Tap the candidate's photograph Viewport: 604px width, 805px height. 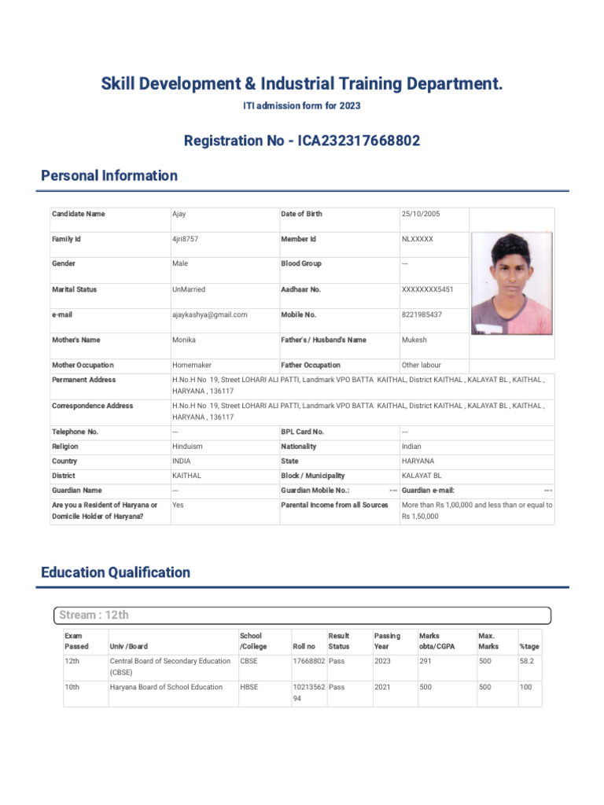512,283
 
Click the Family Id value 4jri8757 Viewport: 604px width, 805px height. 186,239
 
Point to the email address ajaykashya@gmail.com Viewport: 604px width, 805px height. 210,314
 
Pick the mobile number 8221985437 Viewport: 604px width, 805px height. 422,314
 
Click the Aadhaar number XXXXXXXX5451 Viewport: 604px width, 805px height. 428,289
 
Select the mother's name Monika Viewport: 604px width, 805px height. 184,340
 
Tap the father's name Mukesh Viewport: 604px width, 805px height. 415,340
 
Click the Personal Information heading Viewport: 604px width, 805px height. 109,176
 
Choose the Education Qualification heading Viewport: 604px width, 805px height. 116,572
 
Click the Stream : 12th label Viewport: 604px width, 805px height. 94,615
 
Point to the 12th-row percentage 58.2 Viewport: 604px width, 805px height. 527,661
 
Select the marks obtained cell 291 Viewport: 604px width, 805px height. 426,661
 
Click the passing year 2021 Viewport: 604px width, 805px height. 383,687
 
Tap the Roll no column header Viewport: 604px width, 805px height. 304,646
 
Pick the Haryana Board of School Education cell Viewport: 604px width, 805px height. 166,687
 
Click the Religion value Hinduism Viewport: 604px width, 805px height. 187,447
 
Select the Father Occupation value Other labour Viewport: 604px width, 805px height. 422,366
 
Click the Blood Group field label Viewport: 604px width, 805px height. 301,264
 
